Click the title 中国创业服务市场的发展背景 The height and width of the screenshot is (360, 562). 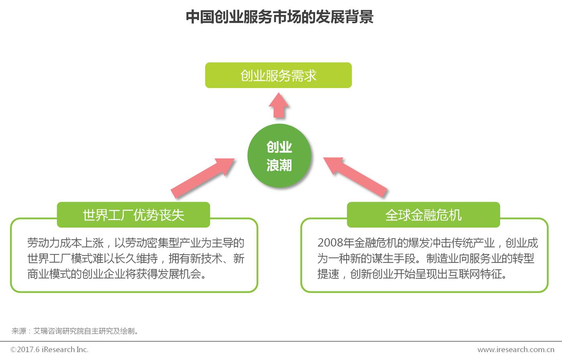(x=280, y=17)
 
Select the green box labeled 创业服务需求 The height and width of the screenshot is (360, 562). (x=278, y=75)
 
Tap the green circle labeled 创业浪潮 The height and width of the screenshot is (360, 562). (x=279, y=156)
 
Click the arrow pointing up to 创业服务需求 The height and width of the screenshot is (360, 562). (x=279, y=105)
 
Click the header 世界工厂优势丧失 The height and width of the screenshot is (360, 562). (x=133, y=215)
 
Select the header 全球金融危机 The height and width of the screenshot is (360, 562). (x=423, y=215)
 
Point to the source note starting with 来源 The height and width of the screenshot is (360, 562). (x=75, y=331)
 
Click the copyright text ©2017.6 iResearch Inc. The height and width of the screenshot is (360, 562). (x=49, y=350)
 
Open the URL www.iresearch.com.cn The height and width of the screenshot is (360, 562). (x=516, y=350)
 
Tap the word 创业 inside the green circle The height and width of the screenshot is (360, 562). (x=279, y=147)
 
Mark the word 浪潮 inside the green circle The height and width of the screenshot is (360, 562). (x=279, y=165)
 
